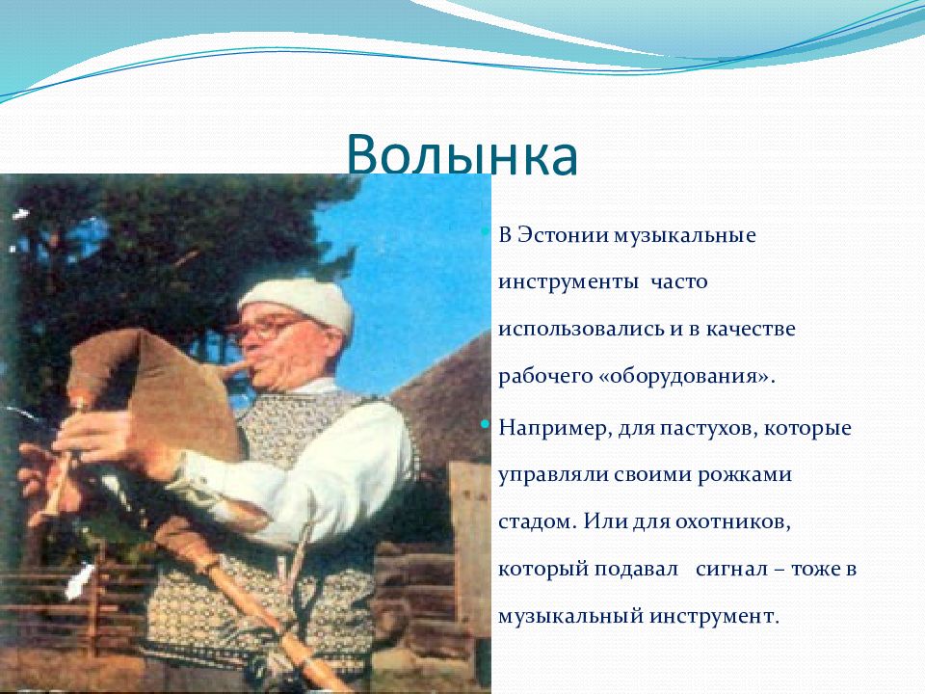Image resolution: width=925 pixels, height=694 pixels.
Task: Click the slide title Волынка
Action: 462,154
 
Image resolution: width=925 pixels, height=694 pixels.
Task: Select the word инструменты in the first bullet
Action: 568,282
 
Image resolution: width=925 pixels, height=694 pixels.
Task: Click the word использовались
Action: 581,329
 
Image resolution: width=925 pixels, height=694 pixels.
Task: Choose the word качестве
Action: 750,329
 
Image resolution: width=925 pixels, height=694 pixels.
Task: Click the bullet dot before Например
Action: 486,424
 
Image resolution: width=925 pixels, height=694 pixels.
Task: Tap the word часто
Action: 679,282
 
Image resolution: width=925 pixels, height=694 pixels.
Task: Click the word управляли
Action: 553,475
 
